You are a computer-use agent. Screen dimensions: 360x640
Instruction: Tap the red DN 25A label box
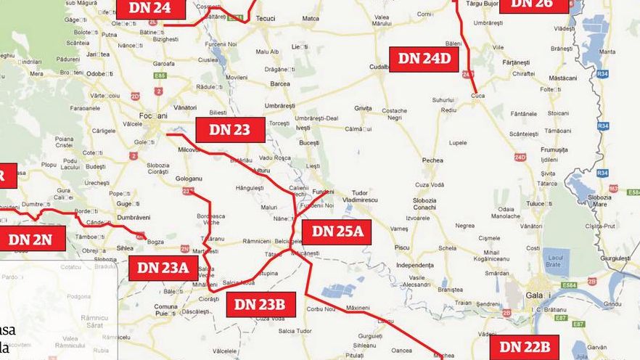tap(337, 232)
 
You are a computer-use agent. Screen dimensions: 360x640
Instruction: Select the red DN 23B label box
tap(260, 304)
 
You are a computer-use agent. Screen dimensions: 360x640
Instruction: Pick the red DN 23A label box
tap(163, 268)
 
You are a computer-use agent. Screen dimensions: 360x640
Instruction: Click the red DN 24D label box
tap(424, 59)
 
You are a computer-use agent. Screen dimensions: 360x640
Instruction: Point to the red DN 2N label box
tap(31, 239)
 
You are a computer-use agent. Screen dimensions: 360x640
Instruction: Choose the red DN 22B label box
tap(525, 347)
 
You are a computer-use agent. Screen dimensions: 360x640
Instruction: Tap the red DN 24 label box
tap(150, 9)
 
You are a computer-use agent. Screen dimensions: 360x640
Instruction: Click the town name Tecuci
tap(265, 19)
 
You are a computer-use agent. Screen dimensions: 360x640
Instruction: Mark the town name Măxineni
tap(358, 308)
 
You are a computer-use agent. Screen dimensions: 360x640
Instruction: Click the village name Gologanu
tap(188, 178)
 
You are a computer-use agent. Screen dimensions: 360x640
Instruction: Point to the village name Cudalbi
tap(380, 67)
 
